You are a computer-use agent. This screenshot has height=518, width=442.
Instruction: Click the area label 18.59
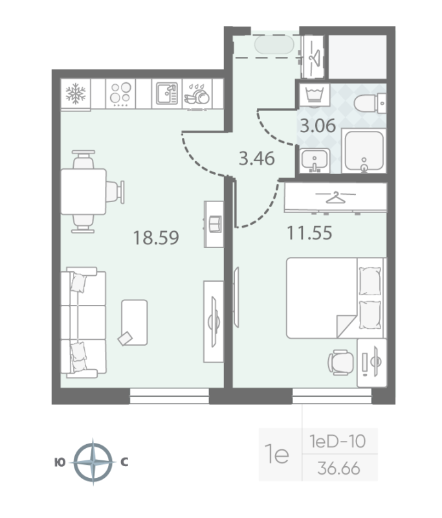point(155,238)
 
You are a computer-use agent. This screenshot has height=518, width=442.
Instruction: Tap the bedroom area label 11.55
point(309,232)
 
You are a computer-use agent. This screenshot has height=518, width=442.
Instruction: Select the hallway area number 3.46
point(257,157)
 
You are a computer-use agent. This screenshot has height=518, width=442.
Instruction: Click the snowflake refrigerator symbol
point(76,95)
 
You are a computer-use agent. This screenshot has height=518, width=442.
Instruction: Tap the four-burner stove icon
point(120,95)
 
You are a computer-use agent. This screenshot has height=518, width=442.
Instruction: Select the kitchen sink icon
point(166,95)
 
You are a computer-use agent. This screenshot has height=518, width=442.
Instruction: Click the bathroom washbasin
point(315,159)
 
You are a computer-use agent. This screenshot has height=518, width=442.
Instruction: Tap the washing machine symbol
point(313,95)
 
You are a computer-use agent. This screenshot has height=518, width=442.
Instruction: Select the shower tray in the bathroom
point(364,152)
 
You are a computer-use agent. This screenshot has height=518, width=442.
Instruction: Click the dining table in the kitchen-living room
point(83,190)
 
